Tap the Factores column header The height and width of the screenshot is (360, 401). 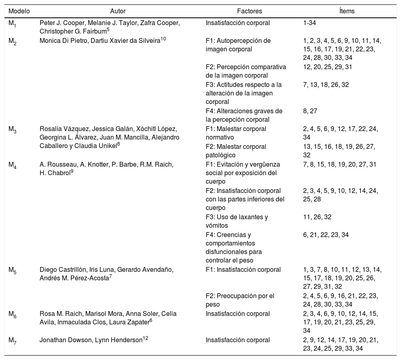pyautogui.click(x=249, y=11)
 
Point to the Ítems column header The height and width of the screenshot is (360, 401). pyautogui.click(x=347, y=11)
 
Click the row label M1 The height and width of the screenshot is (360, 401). pyautogui.click(x=13, y=23)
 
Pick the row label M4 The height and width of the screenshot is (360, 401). pyautogui.click(x=13, y=165)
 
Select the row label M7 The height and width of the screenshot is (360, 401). pyautogui.click(x=13, y=340)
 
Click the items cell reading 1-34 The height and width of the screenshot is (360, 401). pyautogui.click(x=310, y=23)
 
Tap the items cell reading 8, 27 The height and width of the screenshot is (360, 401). pyautogui.click(x=311, y=111)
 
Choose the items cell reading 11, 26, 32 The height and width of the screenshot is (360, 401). pyautogui.click(x=317, y=217)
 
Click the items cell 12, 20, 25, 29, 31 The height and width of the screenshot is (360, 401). pyautogui.click(x=327, y=67)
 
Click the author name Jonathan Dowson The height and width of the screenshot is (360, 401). pyautogui.click(x=63, y=340)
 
